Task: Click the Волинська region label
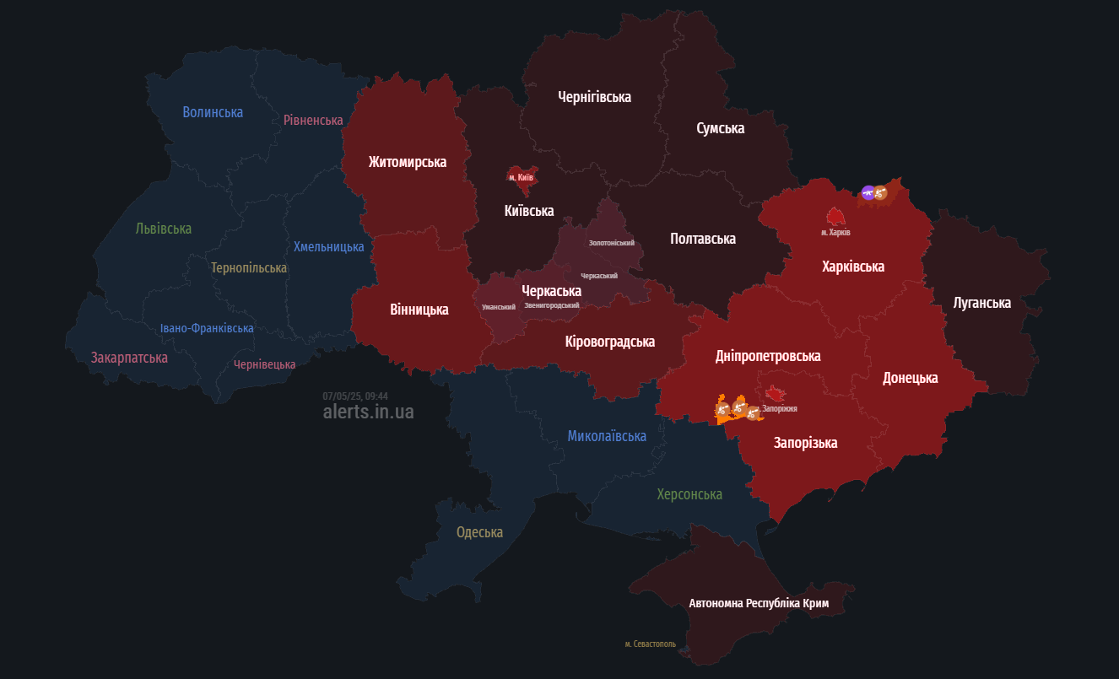tap(213, 112)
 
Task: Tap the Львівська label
tap(163, 229)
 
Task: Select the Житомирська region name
tap(407, 162)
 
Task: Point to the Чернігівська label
tap(594, 97)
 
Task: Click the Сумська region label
tap(720, 128)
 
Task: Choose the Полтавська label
tap(702, 239)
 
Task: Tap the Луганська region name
tap(981, 303)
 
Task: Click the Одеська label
tap(479, 532)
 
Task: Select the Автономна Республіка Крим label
tap(759, 604)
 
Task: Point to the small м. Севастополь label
tap(650, 644)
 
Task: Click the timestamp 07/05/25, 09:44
tap(355, 396)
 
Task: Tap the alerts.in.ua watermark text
tap(368, 412)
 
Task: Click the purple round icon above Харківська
tap(868, 193)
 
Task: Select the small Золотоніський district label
tap(611, 243)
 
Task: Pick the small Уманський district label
tap(498, 307)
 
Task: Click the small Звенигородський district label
tap(551, 305)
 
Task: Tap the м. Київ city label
tap(521, 178)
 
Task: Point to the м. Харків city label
tap(835, 232)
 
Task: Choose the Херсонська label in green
tap(689, 494)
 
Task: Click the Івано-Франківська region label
tap(207, 328)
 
